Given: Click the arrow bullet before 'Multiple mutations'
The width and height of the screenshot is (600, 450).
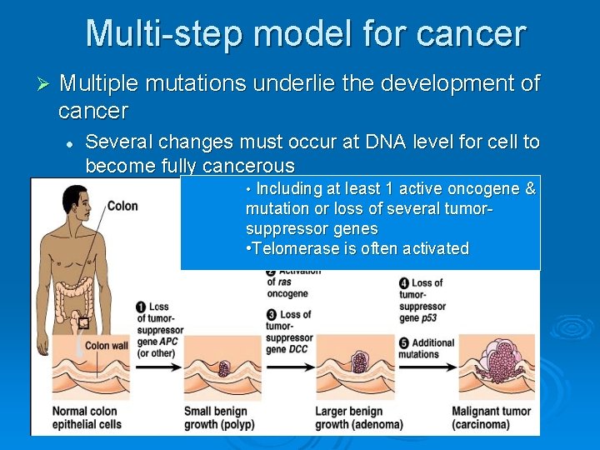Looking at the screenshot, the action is [45, 85].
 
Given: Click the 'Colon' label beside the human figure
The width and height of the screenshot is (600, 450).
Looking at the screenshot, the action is [122, 206].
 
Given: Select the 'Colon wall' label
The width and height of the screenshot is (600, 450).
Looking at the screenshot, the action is [107, 345].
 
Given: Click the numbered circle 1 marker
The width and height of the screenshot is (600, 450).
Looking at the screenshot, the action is [142, 307].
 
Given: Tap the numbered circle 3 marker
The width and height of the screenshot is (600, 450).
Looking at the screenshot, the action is [272, 316].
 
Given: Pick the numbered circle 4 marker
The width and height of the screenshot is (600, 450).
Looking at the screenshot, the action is [404, 283].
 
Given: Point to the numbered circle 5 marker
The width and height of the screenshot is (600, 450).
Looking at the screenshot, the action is [404, 342].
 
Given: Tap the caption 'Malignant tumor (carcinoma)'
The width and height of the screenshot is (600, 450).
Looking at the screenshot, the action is [492, 417].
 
